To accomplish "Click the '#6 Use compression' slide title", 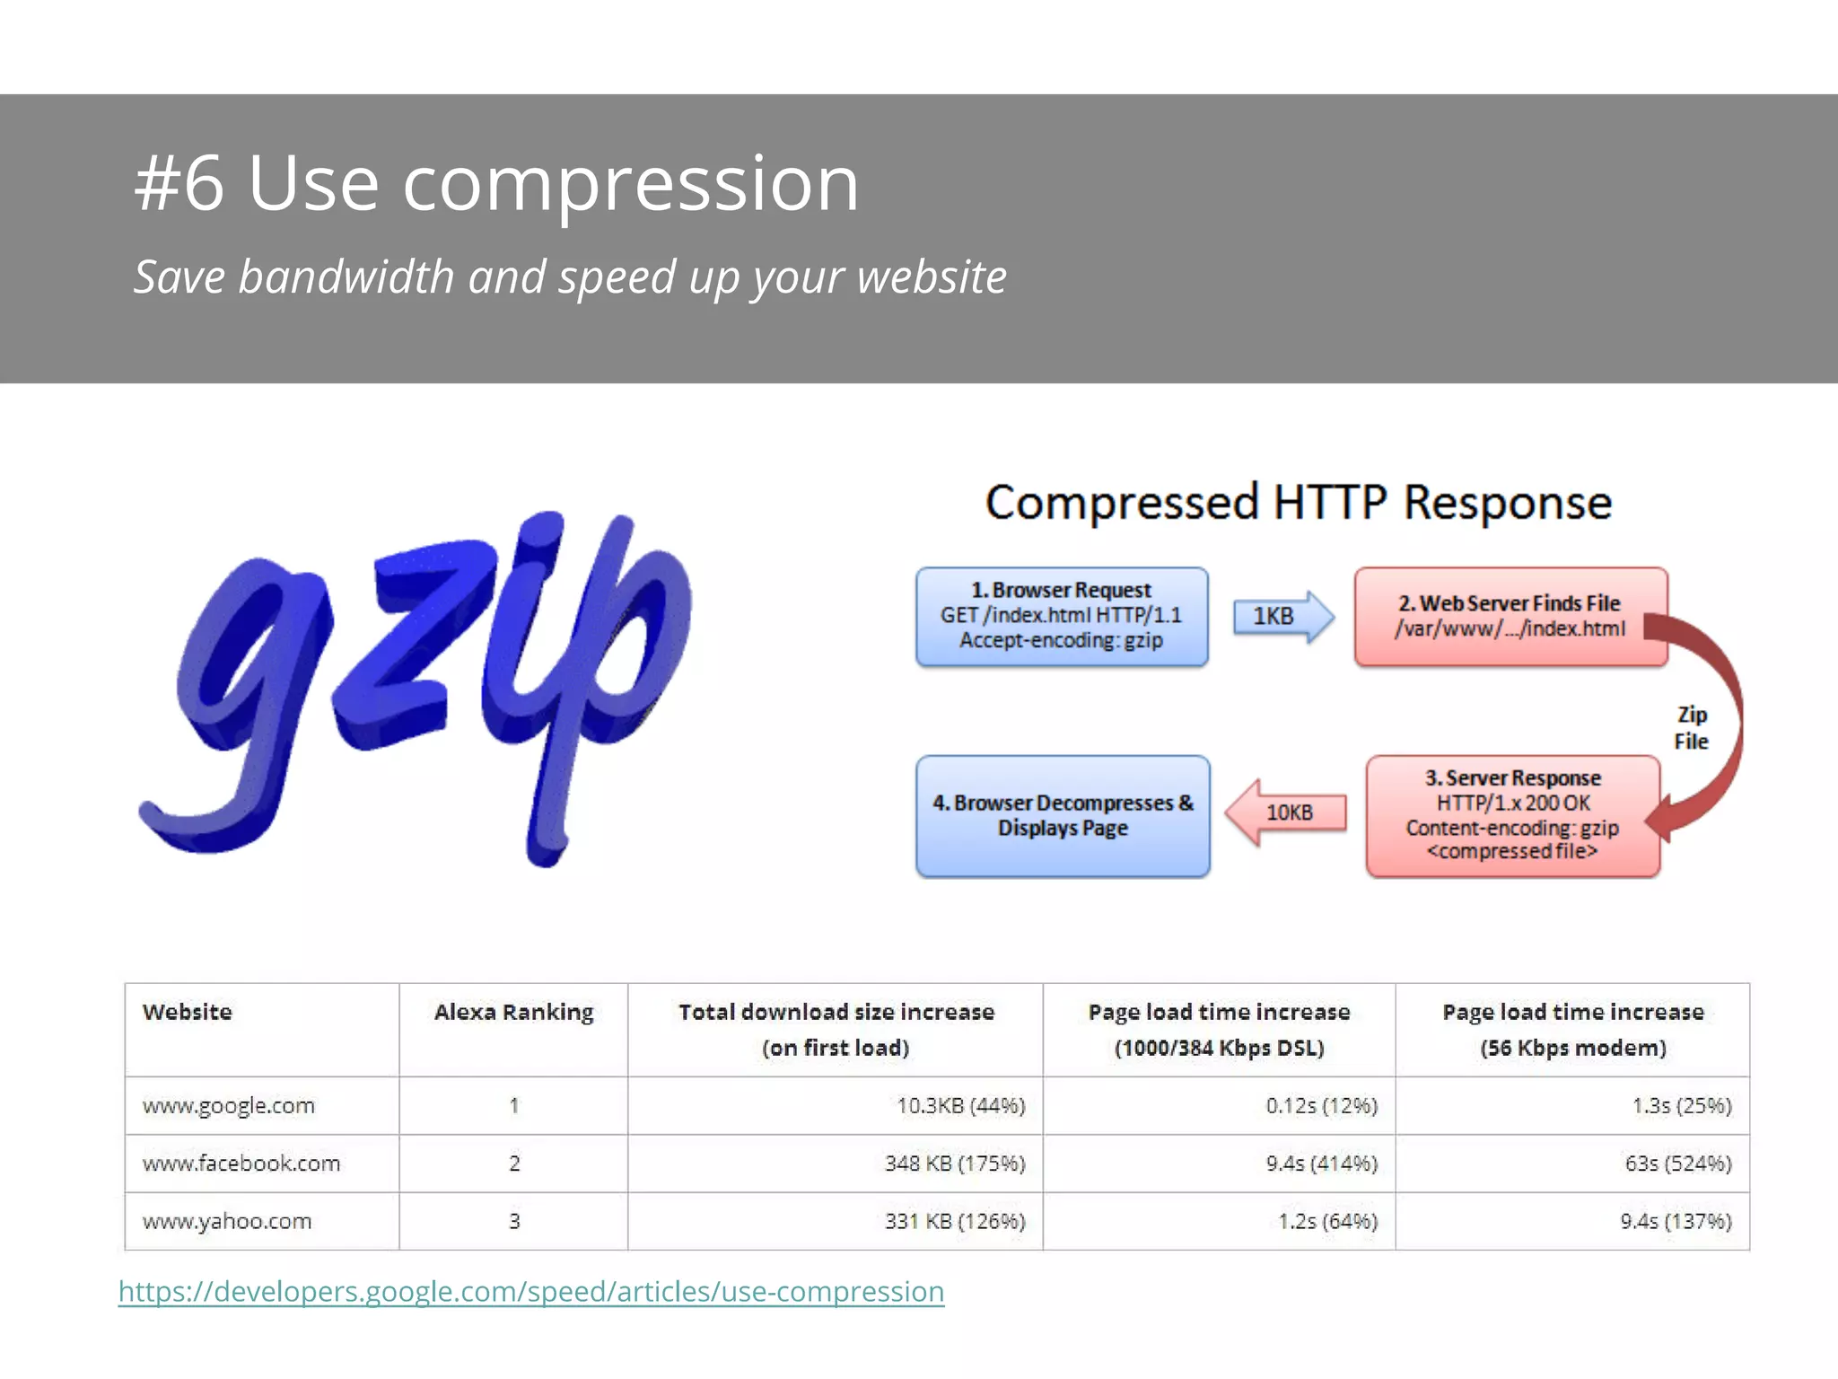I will tap(496, 184).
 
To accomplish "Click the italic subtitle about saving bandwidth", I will tap(570, 277).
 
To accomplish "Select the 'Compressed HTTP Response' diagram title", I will tap(1298, 502).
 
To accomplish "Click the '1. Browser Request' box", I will tap(1061, 616).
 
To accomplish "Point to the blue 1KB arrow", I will tap(1282, 616).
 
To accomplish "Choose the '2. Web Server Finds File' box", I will tap(1510, 616).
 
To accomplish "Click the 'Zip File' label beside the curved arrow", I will tap(1691, 727).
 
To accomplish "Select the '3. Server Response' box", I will tap(1512, 815).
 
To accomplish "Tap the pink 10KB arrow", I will tap(1285, 812).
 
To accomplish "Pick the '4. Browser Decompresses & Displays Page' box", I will tap(1062, 815).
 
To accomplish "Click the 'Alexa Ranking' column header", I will tap(513, 1013).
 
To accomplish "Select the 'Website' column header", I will tap(187, 1013).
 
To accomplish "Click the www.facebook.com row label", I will tap(241, 1164).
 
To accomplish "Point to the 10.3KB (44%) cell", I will tap(960, 1106).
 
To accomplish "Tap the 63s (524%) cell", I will tap(1677, 1164).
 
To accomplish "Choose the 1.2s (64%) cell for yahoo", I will tap(1327, 1221).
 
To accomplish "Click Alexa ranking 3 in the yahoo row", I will tap(514, 1221).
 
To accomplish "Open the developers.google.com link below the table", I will tap(531, 1292).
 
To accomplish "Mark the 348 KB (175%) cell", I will tap(954, 1164).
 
